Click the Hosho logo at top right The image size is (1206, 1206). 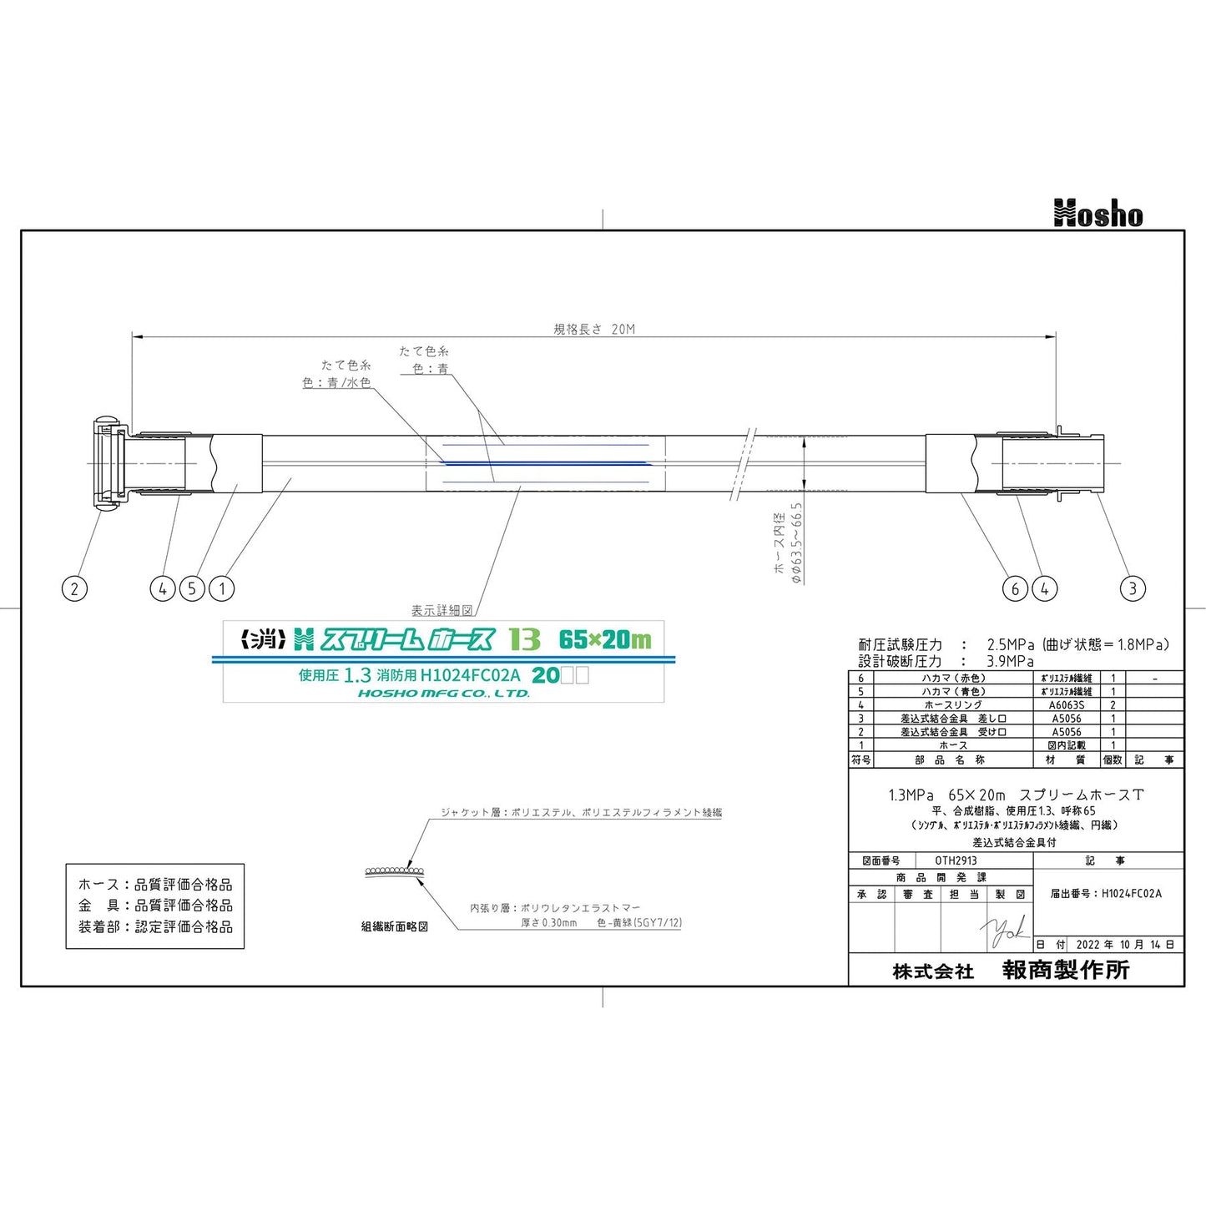pos(1098,214)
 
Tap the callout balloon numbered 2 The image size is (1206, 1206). pos(74,588)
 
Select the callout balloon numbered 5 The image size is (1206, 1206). pos(192,588)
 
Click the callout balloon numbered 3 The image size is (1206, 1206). pos(1133,588)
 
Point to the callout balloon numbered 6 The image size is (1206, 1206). pos(1015,588)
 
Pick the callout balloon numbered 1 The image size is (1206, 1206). pos(222,588)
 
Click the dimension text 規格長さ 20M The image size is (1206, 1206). pos(594,329)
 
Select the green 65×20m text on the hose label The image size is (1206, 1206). pos(605,639)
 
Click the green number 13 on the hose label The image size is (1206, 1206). pos(525,639)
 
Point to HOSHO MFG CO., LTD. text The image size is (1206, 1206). pos(443,694)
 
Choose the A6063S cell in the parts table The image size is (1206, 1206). pos(1067,705)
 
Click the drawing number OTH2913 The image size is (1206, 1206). pos(956,860)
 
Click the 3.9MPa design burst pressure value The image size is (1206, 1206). pos(1010,661)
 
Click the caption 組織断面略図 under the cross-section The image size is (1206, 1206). pos(395,926)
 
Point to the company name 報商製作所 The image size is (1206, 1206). pos(1066,970)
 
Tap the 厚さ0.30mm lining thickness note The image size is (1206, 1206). pos(548,923)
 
